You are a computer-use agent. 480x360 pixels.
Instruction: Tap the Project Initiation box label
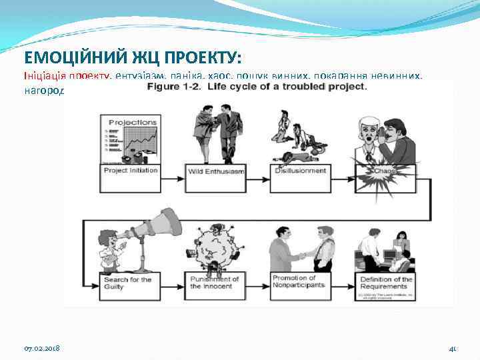pyautogui.click(x=131, y=171)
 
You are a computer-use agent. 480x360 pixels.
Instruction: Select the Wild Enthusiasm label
pyautogui.click(x=216, y=172)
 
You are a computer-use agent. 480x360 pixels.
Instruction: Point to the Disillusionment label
pyautogui.click(x=301, y=171)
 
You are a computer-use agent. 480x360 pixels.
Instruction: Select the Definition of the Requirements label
pyautogui.click(x=386, y=282)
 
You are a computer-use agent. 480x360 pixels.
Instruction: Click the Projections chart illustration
pyautogui.click(x=131, y=139)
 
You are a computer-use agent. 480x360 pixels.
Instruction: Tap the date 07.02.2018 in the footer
pyautogui.click(x=43, y=348)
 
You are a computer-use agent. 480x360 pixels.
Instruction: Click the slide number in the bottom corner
pyautogui.click(x=452, y=348)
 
